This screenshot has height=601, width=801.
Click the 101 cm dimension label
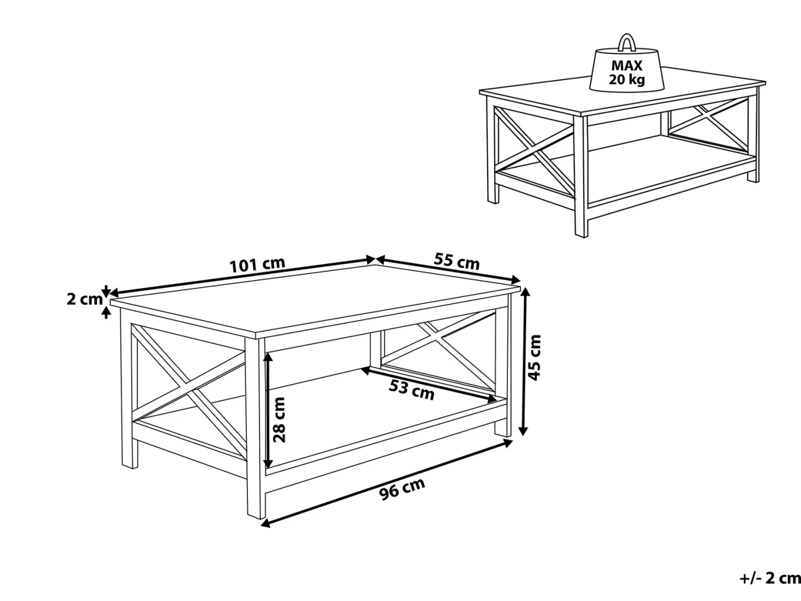[257, 265]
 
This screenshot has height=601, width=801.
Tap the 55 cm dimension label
[457, 261]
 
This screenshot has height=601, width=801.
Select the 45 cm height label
[535, 357]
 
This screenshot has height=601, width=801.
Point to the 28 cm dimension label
[279, 420]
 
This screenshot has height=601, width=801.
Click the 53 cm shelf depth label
[411, 390]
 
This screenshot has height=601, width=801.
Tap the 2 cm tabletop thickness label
[84, 299]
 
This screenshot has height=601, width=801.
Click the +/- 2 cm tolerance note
[770, 578]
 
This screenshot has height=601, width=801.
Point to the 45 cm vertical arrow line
[524, 361]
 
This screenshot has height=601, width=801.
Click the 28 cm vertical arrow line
[268, 410]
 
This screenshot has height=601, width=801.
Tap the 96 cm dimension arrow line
[387, 483]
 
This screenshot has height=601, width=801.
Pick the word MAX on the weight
[627, 66]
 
